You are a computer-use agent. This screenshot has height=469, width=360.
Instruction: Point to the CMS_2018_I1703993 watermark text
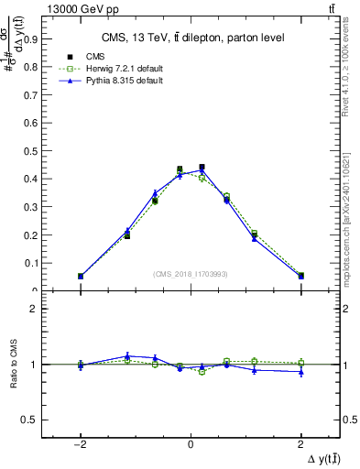click(x=190, y=274)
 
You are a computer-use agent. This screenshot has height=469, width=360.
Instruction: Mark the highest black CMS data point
click(x=202, y=168)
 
